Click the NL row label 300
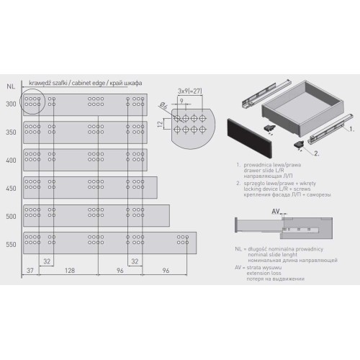[x=11, y=105]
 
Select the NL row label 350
[x=11, y=133]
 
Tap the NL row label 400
[x=11, y=161]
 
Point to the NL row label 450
[x=11, y=189]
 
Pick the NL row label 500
[x=11, y=216]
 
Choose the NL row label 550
[x=11, y=244]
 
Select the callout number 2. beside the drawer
[x=317, y=153]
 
